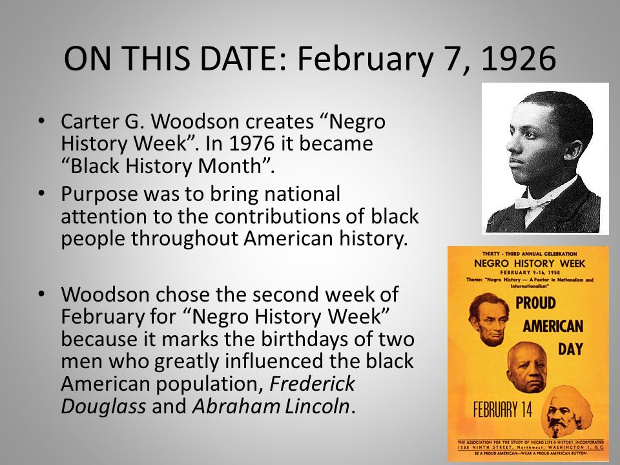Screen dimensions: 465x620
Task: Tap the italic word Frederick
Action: tap(313, 384)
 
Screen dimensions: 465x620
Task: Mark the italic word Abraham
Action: tap(234, 406)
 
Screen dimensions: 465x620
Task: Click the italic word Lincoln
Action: tap(319, 406)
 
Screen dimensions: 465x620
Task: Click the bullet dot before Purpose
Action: tap(42, 194)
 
